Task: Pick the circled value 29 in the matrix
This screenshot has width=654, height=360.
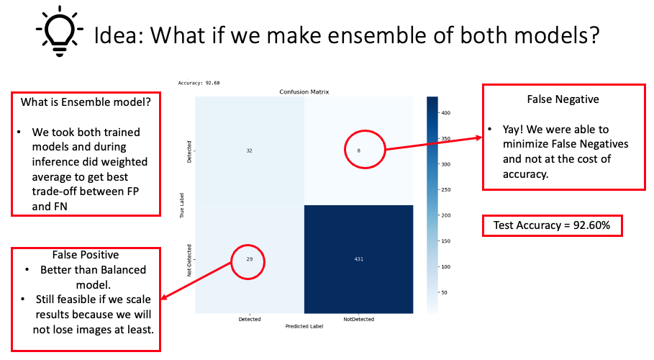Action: [249, 258]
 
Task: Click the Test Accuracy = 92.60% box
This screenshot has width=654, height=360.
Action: [553, 225]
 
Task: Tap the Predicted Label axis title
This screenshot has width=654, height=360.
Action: [304, 326]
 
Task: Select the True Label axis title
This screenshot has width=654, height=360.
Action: [183, 204]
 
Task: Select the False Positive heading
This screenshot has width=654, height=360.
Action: [86, 255]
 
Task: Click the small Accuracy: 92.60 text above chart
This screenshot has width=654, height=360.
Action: [199, 84]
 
